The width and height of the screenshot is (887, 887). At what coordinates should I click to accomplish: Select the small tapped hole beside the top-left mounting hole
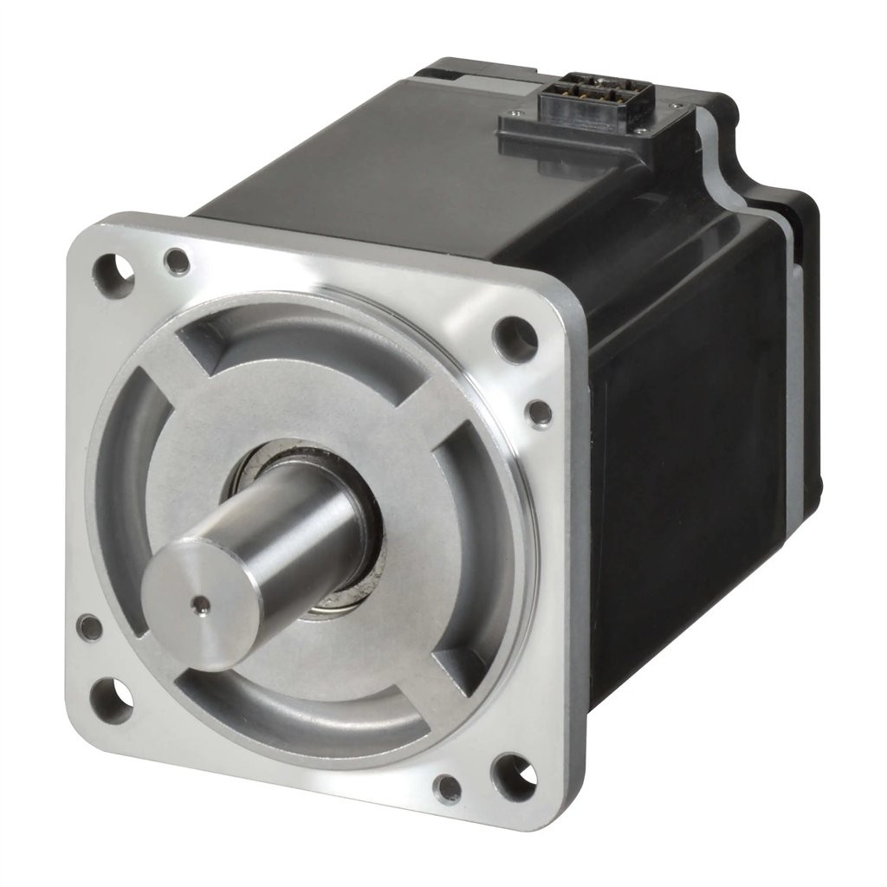pos(177,260)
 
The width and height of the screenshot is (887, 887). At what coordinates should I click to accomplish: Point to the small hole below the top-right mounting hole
pos(539,412)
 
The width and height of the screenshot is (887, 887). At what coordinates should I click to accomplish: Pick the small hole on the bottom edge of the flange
pos(448,788)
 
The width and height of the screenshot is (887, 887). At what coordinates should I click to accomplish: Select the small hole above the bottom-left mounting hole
pos(89,625)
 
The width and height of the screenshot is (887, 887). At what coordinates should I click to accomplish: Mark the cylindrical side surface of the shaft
pos(295,528)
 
